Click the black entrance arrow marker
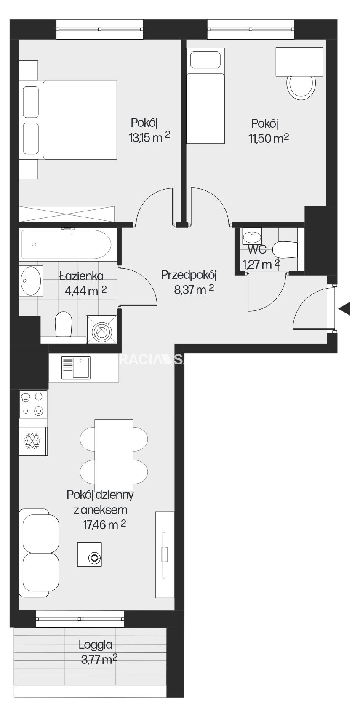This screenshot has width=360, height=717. (344, 308)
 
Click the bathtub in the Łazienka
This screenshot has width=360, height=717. (67, 244)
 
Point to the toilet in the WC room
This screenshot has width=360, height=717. (285, 250)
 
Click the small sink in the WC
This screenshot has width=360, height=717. (252, 237)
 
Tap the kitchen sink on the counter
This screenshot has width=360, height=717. (76, 367)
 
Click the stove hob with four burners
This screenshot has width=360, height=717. (33, 404)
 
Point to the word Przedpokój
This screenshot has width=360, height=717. (189, 275)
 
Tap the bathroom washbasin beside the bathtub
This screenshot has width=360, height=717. (31, 281)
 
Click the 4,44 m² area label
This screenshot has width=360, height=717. (86, 291)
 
